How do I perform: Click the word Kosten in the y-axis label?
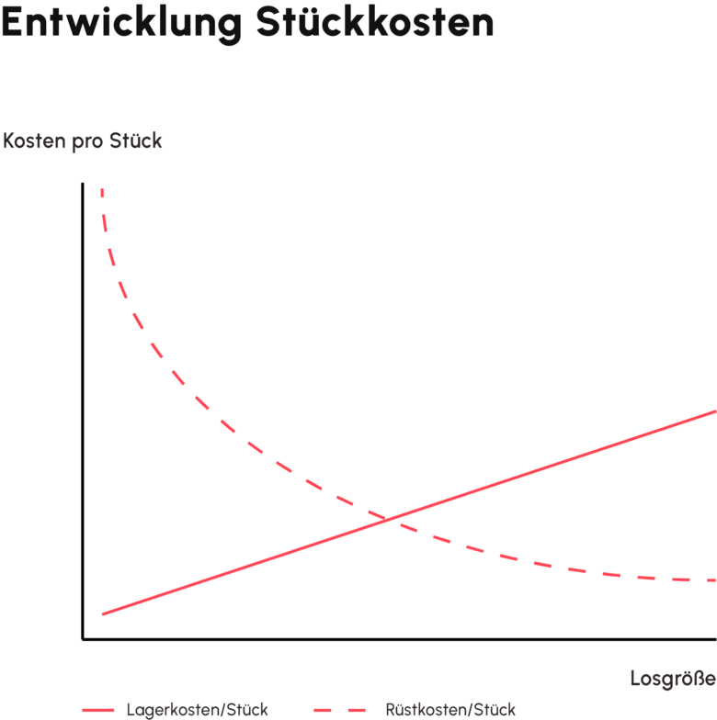[x=33, y=141]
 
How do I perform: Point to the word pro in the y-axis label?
[x=87, y=141]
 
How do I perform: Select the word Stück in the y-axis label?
[x=135, y=141]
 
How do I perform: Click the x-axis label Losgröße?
[x=673, y=680]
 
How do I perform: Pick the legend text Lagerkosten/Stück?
[x=197, y=710]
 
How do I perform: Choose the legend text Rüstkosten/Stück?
[x=450, y=710]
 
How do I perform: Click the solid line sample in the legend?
[x=97, y=710]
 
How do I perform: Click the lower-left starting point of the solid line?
[x=103, y=613]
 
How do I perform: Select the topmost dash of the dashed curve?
[x=102, y=192]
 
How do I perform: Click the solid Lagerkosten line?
[x=552, y=467]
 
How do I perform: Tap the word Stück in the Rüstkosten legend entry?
[x=495, y=710]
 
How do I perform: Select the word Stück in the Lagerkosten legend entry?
[x=248, y=710]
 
